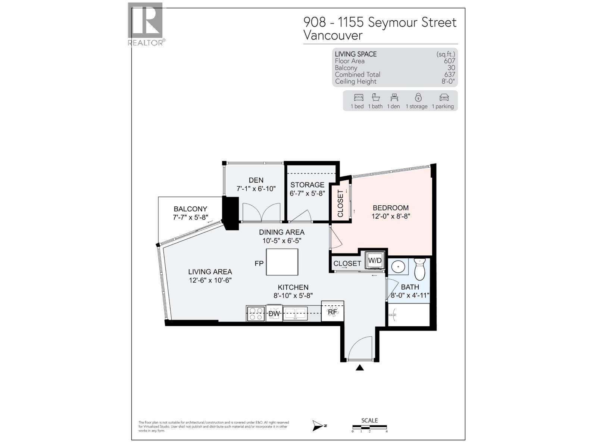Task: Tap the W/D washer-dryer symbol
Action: click(x=375, y=260)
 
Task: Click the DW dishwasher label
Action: click(x=274, y=314)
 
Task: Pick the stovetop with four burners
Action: click(x=256, y=313)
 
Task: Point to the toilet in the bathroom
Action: click(x=420, y=268)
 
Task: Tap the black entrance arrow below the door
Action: click(x=360, y=368)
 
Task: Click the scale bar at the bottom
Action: click(x=369, y=427)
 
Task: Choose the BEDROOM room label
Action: click(x=391, y=208)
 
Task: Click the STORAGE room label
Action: click(x=307, y=185)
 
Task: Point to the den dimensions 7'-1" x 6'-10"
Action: click(x=256, y=189)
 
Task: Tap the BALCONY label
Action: click(x=190, y=209)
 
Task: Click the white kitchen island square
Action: click(x=282, y=262)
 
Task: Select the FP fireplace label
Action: click(x=259, y=263)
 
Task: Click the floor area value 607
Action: click(x=449, y=61)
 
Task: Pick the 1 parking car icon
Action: click(x=444, y=98)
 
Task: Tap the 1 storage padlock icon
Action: click(x=418, y=97)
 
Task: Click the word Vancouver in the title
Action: click(x=333, y=35)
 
